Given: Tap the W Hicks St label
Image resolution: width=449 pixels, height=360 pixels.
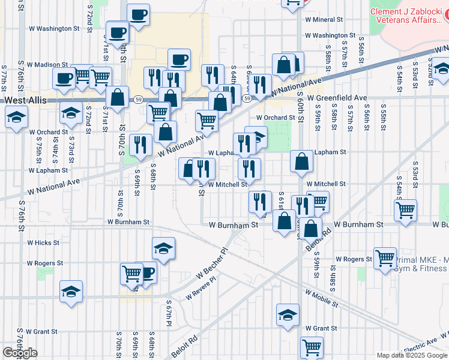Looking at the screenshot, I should click(x=43, y=243).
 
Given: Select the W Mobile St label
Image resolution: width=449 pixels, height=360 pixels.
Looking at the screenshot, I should click(x=321, y=299).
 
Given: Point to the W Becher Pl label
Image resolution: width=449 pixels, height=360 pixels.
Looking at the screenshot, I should click(x=212, y=264).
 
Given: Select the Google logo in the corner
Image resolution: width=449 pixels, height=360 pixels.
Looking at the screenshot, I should click(x=20, y=353).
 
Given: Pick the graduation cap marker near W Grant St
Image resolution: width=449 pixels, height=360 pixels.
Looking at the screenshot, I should click(x=288, y=314).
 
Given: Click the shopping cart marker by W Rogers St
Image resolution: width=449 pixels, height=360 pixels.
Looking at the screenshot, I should click(x=385, y=258).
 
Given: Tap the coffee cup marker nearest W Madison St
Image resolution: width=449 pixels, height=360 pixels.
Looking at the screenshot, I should click(x=64, y=77).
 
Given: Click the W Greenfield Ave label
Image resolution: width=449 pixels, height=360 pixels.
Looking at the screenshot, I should click(x=337, y=97).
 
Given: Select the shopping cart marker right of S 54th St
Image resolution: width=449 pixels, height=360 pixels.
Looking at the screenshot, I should click(x=406, y=210).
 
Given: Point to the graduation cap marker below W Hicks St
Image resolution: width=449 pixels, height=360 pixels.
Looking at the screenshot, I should click(x=71, y=292).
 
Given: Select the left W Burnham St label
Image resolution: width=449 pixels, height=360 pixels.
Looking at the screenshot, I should click(x=130, y=222).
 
